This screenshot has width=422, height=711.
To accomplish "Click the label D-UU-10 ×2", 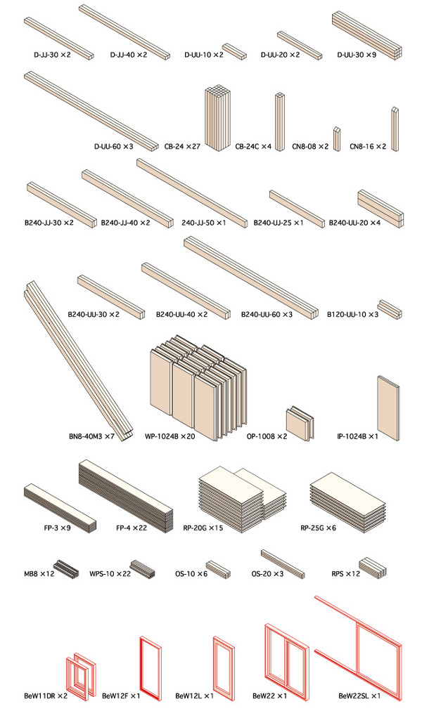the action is pyautogui.click(x=204, y=55).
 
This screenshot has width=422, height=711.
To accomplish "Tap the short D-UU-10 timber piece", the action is pyautogui.click(x=235, y=51).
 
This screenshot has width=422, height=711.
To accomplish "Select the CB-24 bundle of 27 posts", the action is pyautogui.click(x=217, y=117).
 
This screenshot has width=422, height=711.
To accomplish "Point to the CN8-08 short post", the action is pyautogui.click(x=337, y=138).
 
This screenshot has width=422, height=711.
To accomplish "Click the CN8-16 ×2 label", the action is pyautogui.click(x=368, y=146).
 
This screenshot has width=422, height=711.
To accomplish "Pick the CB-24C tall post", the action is pyautogui.click(x=279, y=122).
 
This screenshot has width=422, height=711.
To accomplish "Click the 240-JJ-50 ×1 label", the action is pyautogui.click(x=204, y=223).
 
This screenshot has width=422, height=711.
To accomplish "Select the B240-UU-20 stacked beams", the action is pyautogui.click(x=381, y=209).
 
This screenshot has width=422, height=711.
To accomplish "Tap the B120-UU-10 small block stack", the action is pyautogui.click(x=390, y=309).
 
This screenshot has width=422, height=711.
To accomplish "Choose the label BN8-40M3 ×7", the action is pyautogui.click(x=91, y=437).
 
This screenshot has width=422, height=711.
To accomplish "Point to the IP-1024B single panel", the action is pyautogui.click(x=388, y=407).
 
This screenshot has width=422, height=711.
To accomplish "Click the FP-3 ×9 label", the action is pyautogui.click(x=57, y=528).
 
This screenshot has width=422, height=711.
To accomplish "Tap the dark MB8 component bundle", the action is pyautogui.click(x=66, y=568).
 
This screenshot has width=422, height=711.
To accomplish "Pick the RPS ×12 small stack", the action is pyautogui.click(x=373, y=568).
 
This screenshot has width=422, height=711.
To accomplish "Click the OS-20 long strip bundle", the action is pyautogui.click(x=283, y=564).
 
